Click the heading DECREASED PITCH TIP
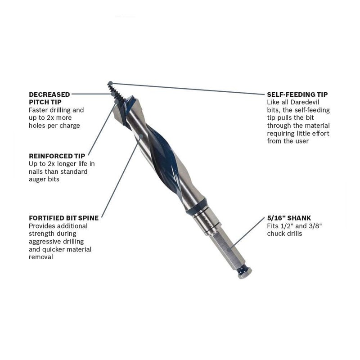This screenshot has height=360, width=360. coord(49,98)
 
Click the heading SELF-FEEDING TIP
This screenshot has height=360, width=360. coord(297,94)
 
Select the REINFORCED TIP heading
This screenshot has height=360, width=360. coord(57,156)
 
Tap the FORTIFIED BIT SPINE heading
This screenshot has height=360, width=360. coord(63,218)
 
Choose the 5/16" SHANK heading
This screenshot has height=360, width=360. coord(288,218)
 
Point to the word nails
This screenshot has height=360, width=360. coord(37,171)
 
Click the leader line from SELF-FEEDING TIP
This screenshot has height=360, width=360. coord(189,89)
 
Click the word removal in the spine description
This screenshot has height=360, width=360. coord(41,257)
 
